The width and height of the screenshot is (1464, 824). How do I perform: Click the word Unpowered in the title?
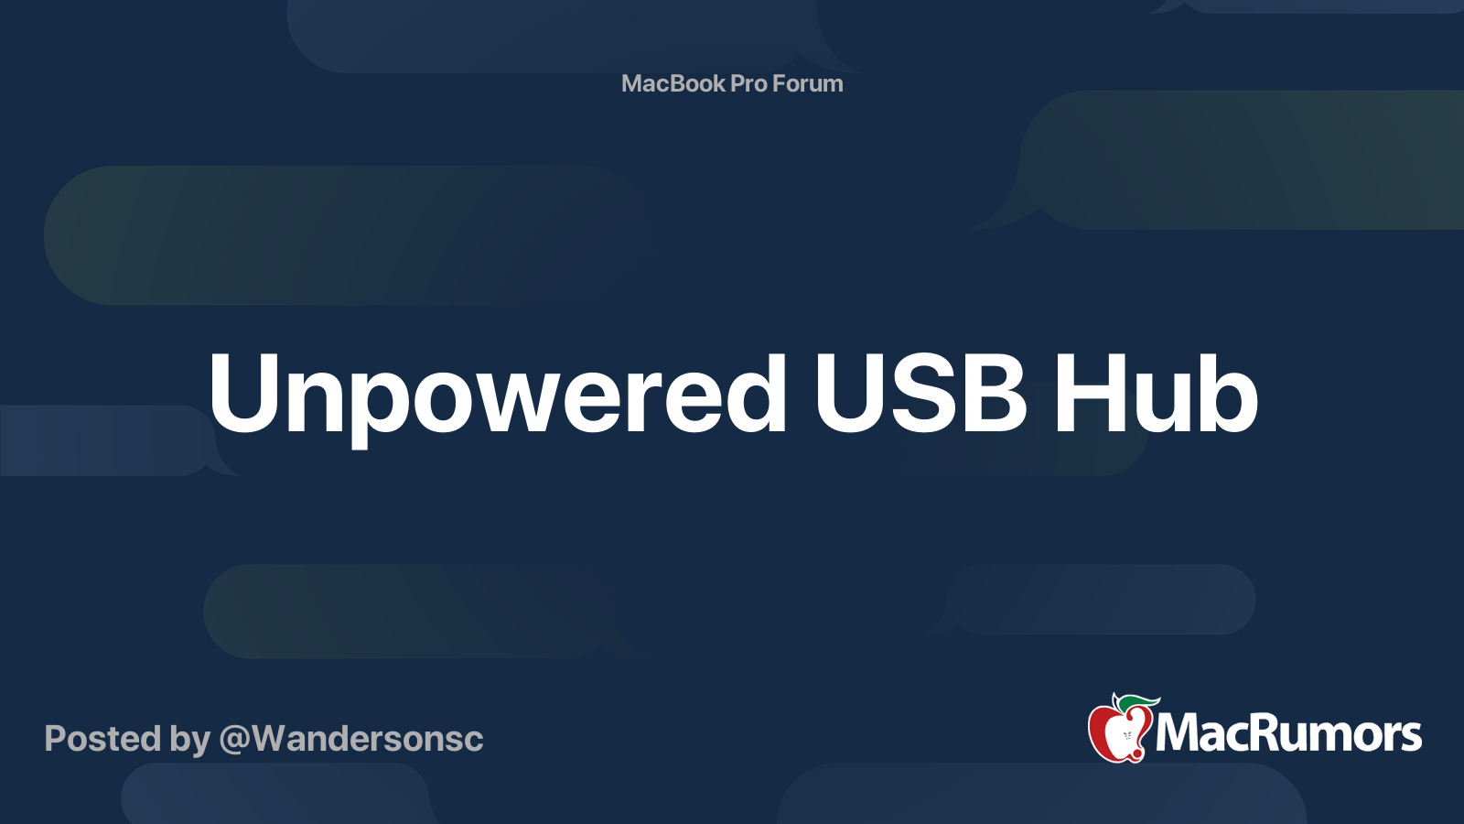coord(497,394)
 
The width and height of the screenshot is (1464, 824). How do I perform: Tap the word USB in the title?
coord(920,394)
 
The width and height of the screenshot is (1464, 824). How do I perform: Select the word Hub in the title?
coord(1156,394)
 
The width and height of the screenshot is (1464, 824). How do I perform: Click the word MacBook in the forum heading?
coord(673,83)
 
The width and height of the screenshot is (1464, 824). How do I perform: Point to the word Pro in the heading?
coord(748,83)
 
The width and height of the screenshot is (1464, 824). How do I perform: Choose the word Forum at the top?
coord(807,83)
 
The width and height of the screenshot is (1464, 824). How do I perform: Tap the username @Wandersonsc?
coord(351,739)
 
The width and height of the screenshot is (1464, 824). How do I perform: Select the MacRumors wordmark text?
coord(1288,733)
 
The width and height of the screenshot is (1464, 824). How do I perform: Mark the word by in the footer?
coord(189,739)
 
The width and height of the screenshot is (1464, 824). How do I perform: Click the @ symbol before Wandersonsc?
coord(235,740)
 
